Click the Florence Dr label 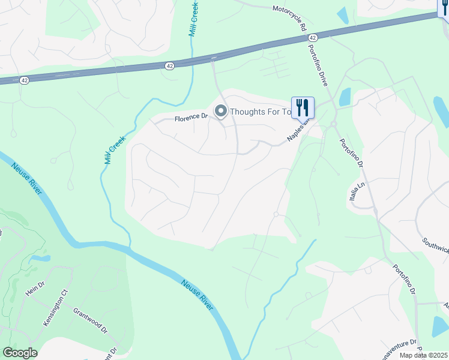click(x=190, y=118)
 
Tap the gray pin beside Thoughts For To click(x=221, y=111)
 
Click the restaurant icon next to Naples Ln click(x=303, y=108)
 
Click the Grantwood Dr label click(x=89, y=321)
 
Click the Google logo click(x=20, y=353)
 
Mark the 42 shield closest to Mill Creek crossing click(x=170, y=65)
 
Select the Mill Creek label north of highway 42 click(x=194, y=20)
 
